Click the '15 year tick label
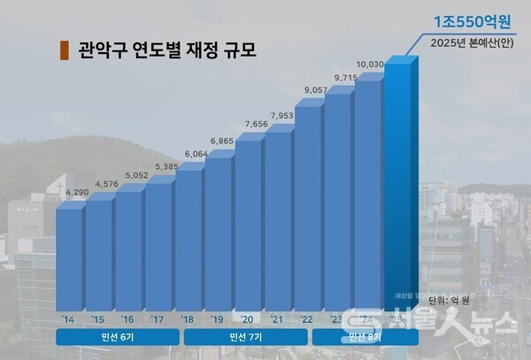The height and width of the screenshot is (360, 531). (x=96, y=318)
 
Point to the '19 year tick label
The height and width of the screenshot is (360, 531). (x=216, y=318)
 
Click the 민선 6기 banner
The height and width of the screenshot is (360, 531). (x=115, y=337)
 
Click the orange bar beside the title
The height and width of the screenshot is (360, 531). (x=62, y=49)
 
